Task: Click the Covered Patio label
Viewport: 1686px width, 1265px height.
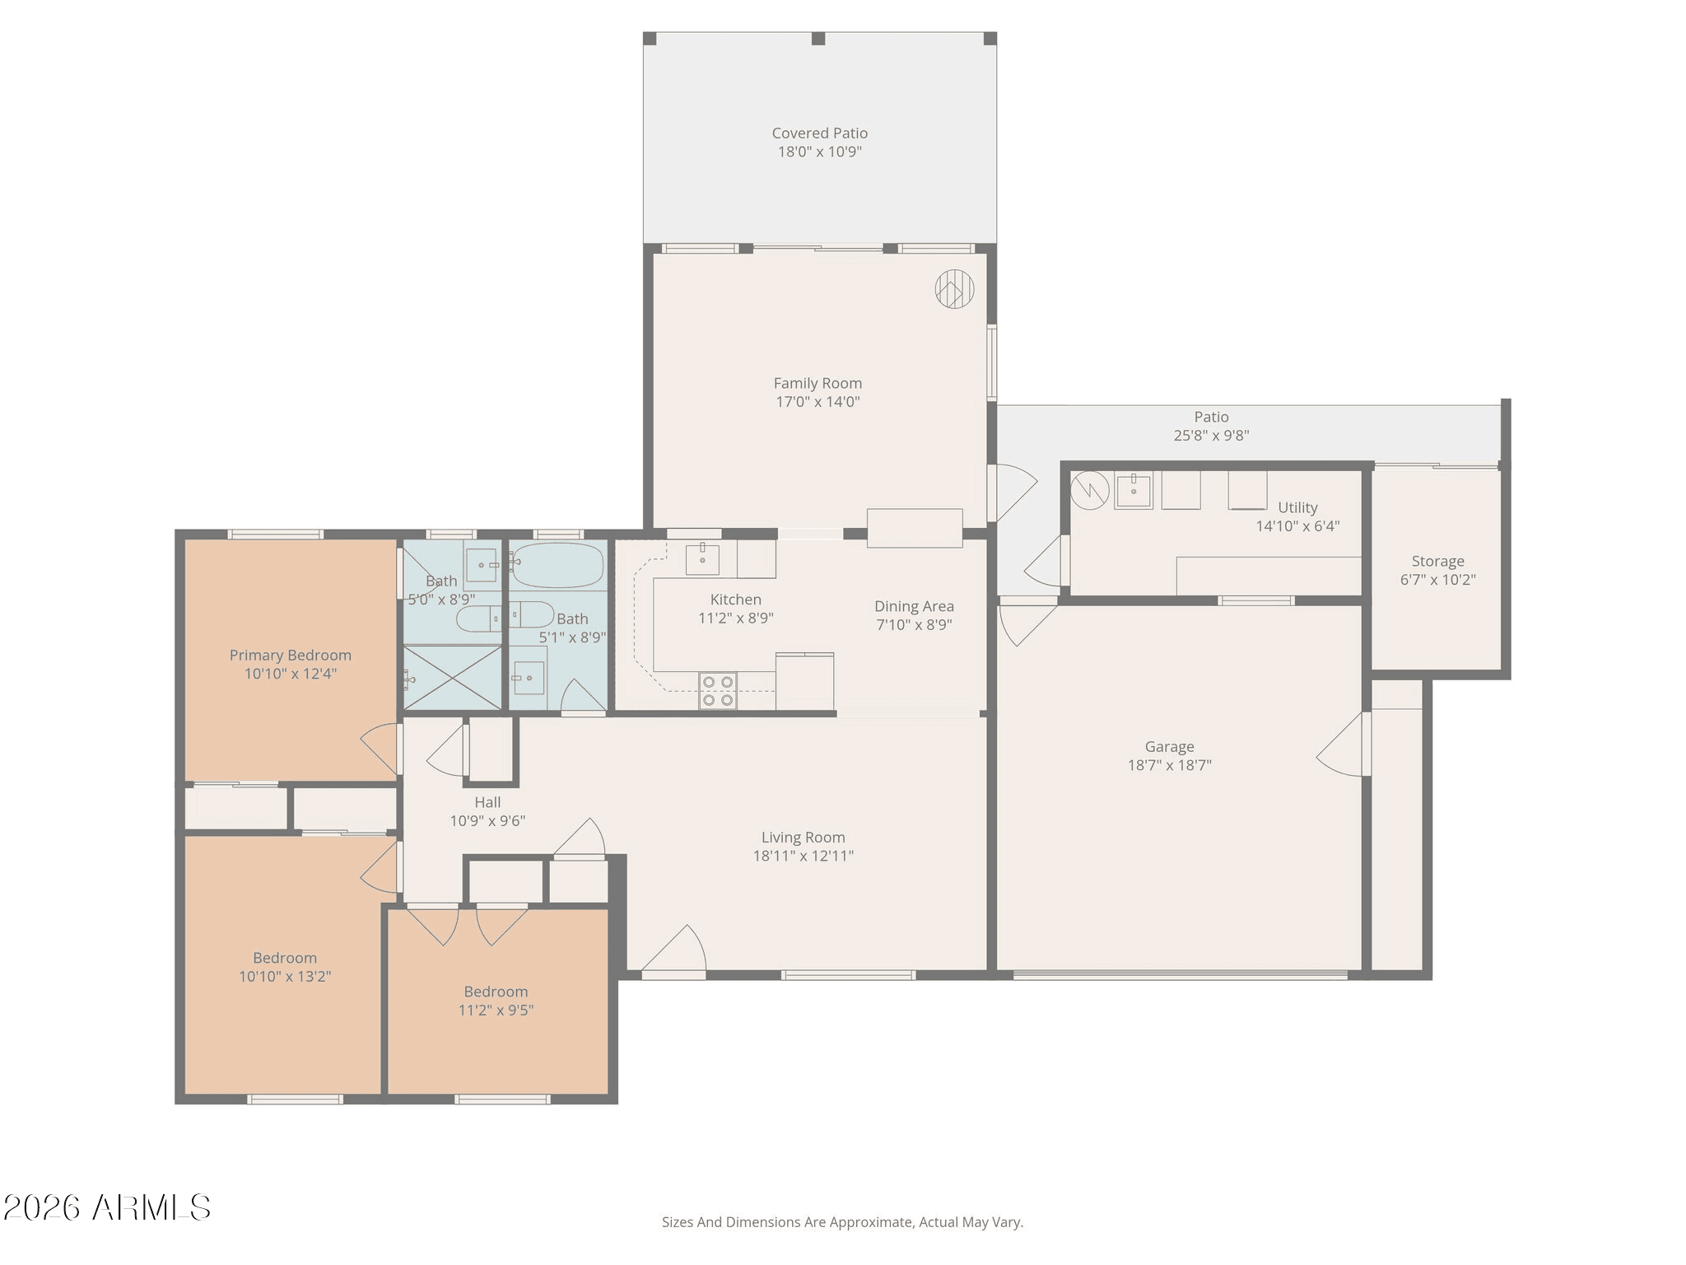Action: point(820,133)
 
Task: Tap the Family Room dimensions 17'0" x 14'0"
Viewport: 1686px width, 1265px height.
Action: point(818,402)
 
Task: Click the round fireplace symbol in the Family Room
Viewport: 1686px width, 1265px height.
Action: point(955,289)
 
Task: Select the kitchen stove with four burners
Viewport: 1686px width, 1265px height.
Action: point(718,691)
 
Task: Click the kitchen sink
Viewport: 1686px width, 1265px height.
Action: point(702,559)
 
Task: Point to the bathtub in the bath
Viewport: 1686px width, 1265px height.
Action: point(557,565)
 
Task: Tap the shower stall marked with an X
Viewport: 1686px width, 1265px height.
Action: point(452,677)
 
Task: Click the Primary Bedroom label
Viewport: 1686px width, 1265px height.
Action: point(291,656)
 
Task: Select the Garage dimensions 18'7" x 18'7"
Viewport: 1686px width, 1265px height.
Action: point(1170,765)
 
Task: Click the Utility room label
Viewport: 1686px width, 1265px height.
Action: point(1297,508)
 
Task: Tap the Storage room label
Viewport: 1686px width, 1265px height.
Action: point(1438,562)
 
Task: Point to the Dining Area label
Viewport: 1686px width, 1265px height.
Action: point(915,607)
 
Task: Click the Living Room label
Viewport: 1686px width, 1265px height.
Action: point(803,838)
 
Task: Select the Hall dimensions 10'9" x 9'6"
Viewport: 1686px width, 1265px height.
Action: point(487,821)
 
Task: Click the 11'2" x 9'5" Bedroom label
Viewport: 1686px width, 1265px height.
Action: point(496,992)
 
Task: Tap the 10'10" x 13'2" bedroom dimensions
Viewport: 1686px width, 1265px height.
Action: point(285,977)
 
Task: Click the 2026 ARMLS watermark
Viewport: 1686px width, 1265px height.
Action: point(107,1208)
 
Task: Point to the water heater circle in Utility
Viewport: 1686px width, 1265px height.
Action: point(1090,490)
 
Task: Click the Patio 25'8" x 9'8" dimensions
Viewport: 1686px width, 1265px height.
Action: point(1212,436)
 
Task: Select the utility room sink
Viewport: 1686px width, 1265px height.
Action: point(1134,491)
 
